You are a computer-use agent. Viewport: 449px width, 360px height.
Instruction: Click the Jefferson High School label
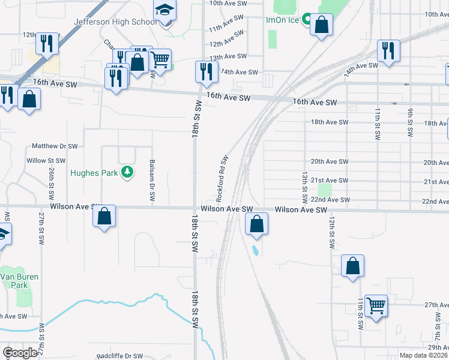tap(115, 22)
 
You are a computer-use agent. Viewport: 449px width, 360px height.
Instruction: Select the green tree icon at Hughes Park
tap(127, 173)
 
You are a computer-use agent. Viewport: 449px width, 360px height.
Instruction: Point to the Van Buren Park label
tap(14, 281)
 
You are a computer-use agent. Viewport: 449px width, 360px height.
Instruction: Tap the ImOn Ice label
tap(283, 20)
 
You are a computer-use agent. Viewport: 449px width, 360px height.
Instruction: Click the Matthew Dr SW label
tap(55, 146)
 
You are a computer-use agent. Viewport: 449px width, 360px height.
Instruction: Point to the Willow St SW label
tap(46, 161)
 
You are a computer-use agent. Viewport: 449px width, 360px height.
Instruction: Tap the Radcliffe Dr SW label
tap(120, 356)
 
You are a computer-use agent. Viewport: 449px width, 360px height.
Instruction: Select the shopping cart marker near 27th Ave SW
tap(376, 306)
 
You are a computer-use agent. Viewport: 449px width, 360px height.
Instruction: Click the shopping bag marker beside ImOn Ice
tap(321, 25)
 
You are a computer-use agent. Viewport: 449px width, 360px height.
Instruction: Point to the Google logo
tap(20, 353)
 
